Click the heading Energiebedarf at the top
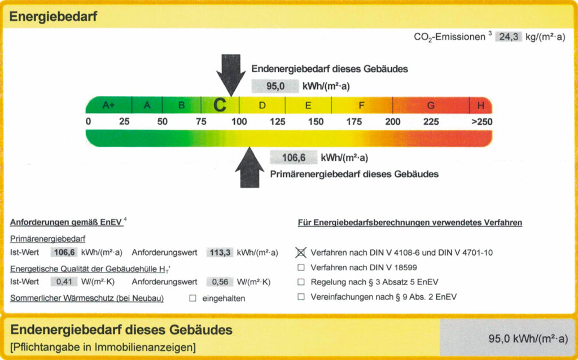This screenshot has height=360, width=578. (x=53, y=16)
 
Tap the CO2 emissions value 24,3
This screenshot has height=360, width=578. (x=509, y=37)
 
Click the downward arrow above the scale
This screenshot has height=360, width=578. (x=231, y=75)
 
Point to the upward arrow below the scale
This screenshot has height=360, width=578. (x=249, y=168)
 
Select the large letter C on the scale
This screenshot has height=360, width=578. (x=220, y=106)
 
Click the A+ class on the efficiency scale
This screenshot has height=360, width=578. (x=108, y=106)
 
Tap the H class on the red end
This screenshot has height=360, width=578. (x=481, y=106)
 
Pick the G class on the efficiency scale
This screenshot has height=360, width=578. (x=431, y=106)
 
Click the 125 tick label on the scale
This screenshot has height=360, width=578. (x=277, y=121)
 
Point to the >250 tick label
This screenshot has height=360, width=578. (x=482, y=121)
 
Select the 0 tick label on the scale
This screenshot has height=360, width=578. (x=88, y=121)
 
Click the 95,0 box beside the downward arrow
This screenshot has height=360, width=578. (x=275, y=86)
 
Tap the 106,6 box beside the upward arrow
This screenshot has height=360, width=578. (x=294, y=157)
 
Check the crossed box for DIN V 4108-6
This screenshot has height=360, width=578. (x=301, y=252)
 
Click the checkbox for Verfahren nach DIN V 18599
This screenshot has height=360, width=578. (x=301, y=267)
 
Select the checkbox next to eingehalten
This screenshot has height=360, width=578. (x=192, y=298)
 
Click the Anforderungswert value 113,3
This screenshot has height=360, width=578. (x=220, y=252)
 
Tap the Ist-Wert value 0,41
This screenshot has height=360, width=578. (x=64, y=282)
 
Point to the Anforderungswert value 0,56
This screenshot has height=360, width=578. (x=220, y=282)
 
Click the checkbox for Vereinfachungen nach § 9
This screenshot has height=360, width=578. (x=301, y=297)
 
